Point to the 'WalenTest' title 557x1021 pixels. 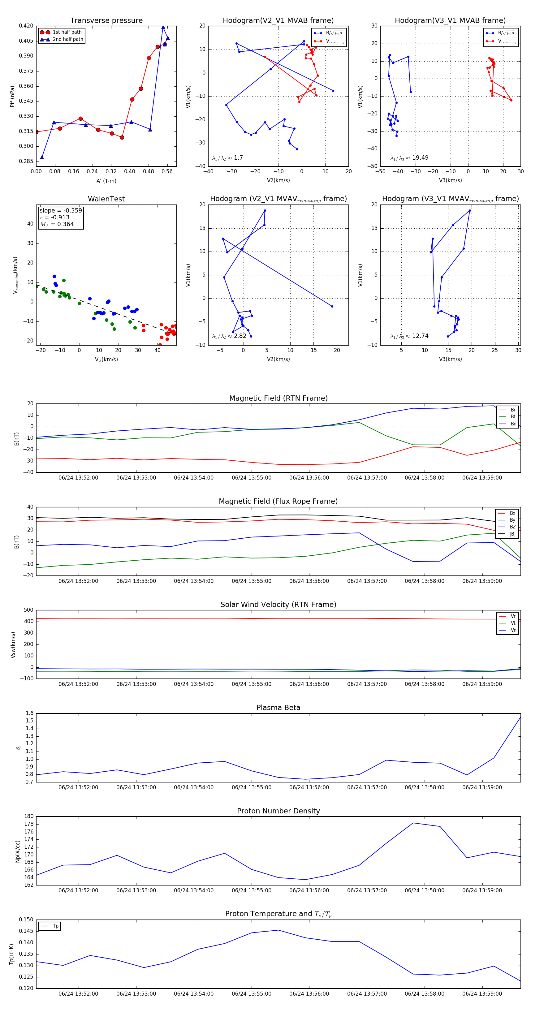(x=106, y=199)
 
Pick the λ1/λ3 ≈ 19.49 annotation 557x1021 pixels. (x=409, y=158)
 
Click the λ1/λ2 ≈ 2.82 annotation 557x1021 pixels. (x=229, y=336)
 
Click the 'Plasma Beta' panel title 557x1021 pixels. (x=278, y=708)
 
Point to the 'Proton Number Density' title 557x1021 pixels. (x=278, y=811)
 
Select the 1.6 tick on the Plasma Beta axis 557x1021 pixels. (x=30, y=713)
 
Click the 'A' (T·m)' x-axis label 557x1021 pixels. (x=106, y=181)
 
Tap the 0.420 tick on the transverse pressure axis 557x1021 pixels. (x=26, y=26)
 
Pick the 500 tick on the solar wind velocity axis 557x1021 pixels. (x=28, y=610)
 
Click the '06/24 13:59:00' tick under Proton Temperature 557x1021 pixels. (x=482, y=994)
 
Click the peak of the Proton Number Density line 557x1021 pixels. (x=413, y=823)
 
